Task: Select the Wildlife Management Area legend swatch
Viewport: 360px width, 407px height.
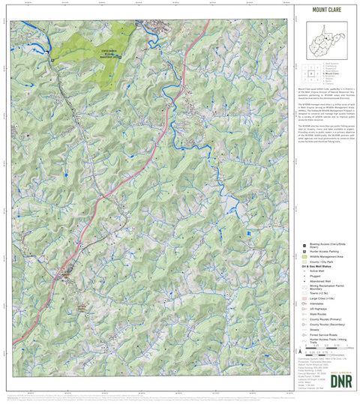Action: point(304,257)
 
